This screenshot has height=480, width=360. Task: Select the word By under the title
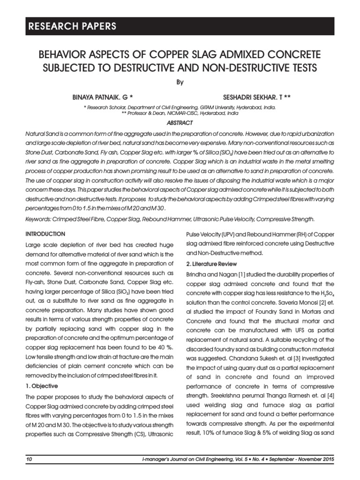[x=180, y=82]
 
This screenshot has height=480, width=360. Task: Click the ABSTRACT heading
[x=180, y=123]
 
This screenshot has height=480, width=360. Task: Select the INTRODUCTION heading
[x=46, y=233]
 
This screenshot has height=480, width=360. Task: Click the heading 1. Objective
[x=42, y=386]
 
